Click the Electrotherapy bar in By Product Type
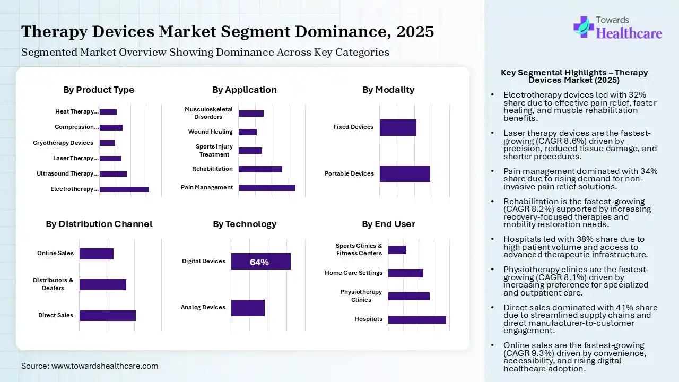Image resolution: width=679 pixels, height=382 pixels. (124, 189)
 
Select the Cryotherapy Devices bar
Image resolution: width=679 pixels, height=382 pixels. (107, 143)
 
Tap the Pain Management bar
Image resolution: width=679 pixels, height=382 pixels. (267, 187)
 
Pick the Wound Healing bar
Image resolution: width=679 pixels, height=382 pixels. (248, 132)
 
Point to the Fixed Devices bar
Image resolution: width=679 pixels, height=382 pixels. (398, 127)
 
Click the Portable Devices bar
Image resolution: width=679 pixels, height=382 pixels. (405, 173)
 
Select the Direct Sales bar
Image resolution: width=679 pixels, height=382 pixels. (108, 315)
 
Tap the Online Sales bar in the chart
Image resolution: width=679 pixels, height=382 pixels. (97, 254)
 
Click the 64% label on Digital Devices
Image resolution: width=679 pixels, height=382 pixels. (259, 262)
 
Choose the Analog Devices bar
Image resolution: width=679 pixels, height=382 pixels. (248, 308)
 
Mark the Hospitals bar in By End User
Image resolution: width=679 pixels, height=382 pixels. (417, 319)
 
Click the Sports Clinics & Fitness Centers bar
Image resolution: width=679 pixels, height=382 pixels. (397, 249)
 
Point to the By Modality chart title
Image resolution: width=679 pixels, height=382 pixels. (388, 90)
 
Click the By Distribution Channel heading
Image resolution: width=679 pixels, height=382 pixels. (99, 224)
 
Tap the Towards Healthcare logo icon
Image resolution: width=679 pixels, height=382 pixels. (583, 27)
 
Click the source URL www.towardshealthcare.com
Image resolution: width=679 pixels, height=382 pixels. (105, 366)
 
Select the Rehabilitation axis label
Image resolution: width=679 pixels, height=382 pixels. (212, 169)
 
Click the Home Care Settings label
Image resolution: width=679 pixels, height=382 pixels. (353, 273)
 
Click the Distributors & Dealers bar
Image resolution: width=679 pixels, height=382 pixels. (103, 284)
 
